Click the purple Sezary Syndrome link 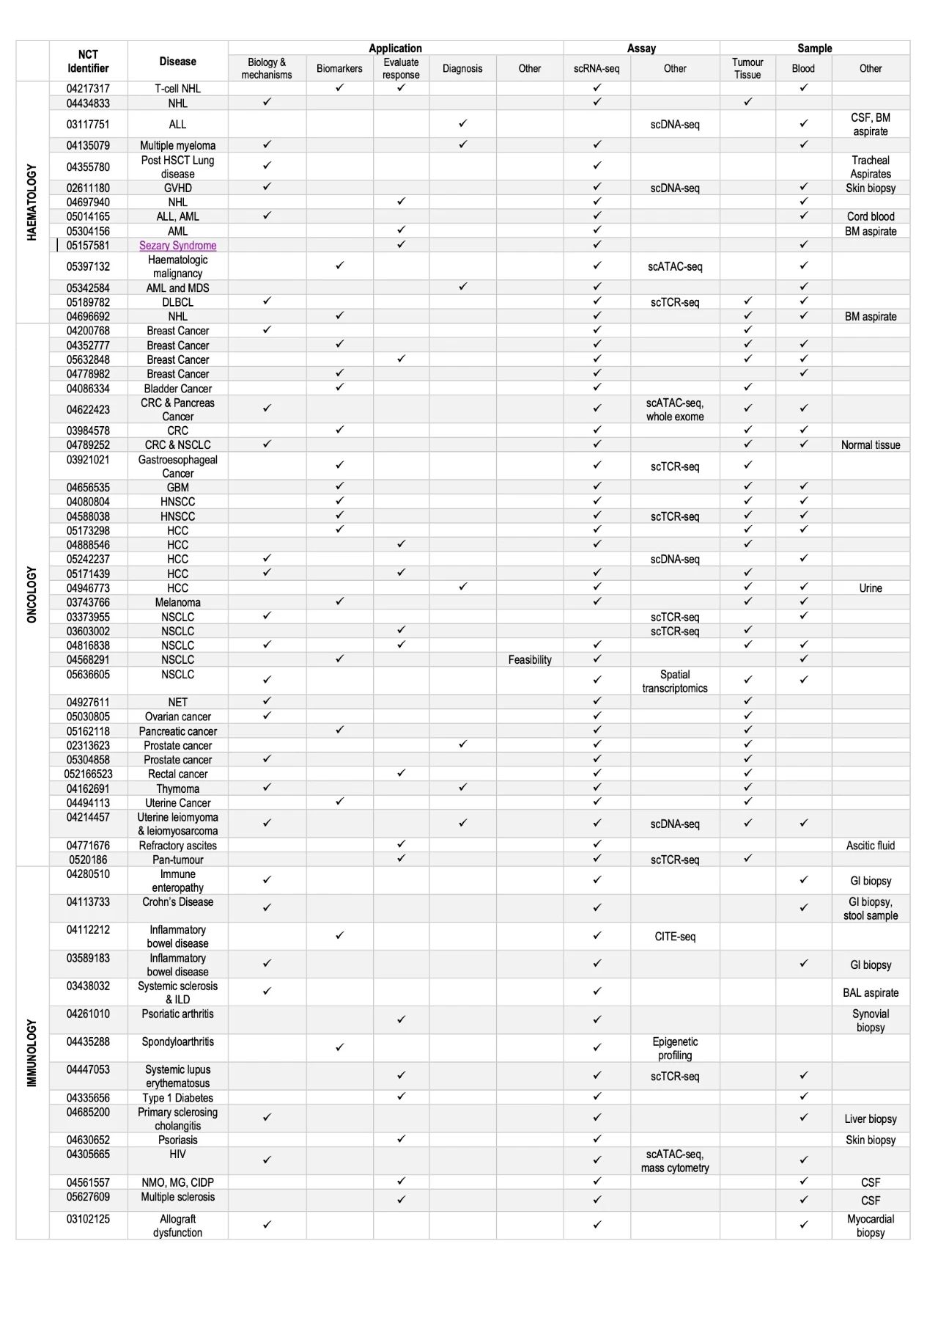tap(177, 246)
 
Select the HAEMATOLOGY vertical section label tap(32, 202)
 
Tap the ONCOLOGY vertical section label tap(32, 594)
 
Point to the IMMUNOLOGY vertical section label tap(32, 1052)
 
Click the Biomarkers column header tap(339, 69)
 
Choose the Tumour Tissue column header tap(747, 68)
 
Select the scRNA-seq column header tap(597, 69)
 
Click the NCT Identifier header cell tap(88, 62)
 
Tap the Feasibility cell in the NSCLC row tap(530, 660)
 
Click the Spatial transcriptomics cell tap(675, 681)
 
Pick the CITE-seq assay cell tap(675, 937)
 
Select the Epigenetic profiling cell tap(675, 1049)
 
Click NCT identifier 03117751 tap(88, 125)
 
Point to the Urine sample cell tap(871, 588)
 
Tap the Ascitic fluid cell tap(871, 846)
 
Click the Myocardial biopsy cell tap(871, 1226)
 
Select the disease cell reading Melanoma tap(177, 603)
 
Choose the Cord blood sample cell tap(871, 217)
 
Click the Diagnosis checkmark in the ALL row tap(462, 124)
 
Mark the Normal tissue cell tap(871, 445)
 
